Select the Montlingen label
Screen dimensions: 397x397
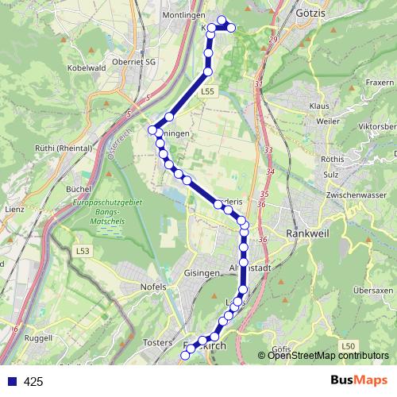(x=183, y=15)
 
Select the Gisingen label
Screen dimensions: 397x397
(x=201, y=272)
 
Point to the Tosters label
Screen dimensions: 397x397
(x=157, y=341)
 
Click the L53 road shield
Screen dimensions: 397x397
(x=83, y=252)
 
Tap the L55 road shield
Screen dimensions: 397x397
(x=207, y=92)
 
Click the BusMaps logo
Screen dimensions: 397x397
(x=358, y=380)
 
